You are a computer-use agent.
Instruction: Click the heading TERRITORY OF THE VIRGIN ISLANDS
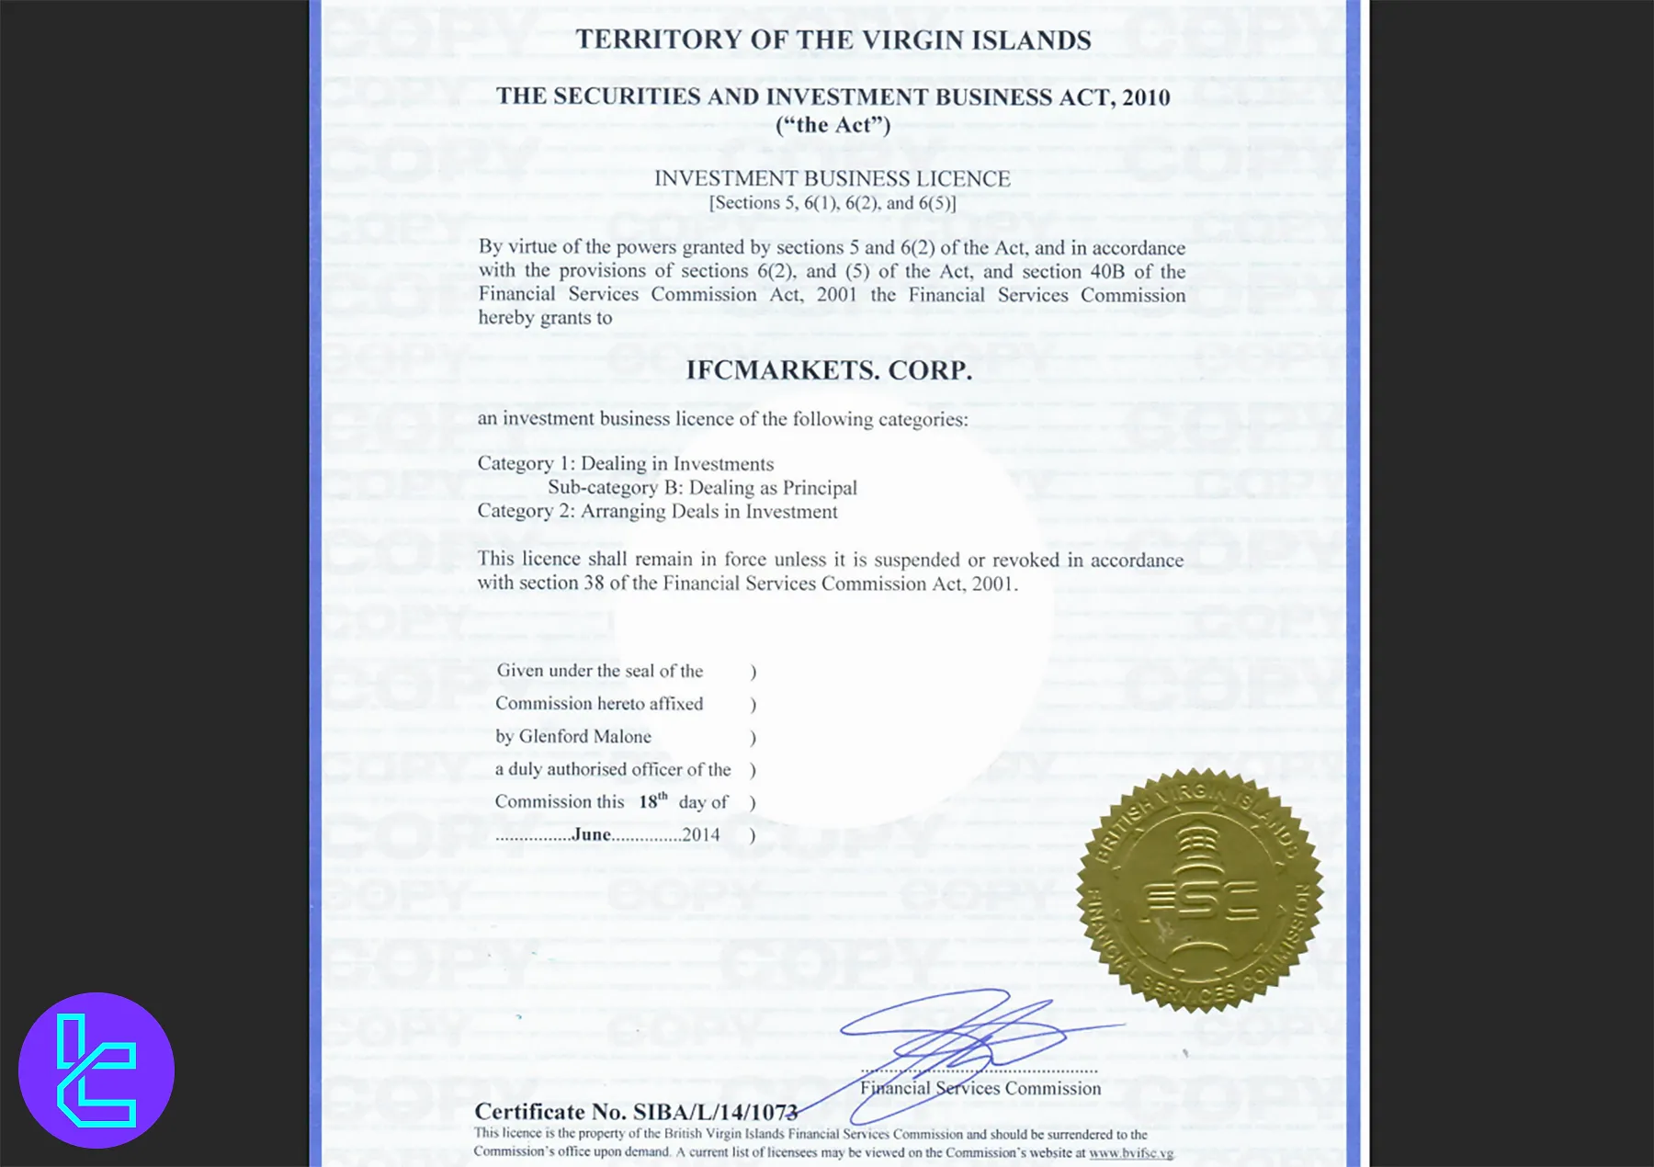pos(833,40)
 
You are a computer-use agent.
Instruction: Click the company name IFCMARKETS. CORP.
pos(829,370)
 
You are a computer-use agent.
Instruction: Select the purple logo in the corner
pos(96,1071)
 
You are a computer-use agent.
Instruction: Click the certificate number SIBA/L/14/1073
pos(715,1112)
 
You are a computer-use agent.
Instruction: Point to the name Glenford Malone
pos(585,736)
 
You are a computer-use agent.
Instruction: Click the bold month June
pos(592,834)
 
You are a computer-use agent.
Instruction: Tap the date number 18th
pos(652,801)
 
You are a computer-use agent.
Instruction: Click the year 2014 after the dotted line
pos(701,834)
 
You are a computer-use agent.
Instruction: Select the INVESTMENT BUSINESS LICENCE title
pos(832,178)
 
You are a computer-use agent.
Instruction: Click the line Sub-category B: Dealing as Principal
pos(702,487)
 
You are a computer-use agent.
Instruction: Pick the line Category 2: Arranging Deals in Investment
pos(657,511)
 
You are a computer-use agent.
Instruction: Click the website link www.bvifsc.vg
pos(1130,1152)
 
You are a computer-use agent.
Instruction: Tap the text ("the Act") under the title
pos(833,125)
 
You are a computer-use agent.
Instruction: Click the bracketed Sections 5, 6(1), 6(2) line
pos(832,202)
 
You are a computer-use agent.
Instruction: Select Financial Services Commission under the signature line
pos(980,1088)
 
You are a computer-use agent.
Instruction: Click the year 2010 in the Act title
pos(1145,97)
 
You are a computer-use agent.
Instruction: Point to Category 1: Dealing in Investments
pos(625,463)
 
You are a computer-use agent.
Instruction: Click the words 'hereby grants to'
pos(545,318)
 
